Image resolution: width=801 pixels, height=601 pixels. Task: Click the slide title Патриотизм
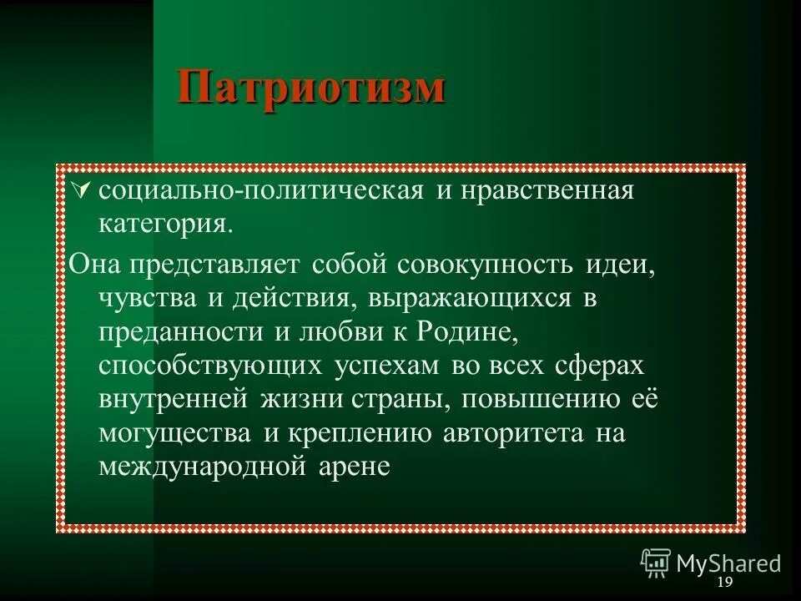(x=310, y=87)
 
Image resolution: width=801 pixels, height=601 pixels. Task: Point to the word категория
(x=164, y=225)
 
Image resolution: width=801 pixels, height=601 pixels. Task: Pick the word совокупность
(x=486, y=265)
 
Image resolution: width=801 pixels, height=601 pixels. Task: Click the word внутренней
(x=173, y=398)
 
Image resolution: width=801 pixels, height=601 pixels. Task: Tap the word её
(x=642, y=398)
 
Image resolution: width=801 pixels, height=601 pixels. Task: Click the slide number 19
(x=724, y=582)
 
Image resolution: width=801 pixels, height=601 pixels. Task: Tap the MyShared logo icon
(x=656, y=563)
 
